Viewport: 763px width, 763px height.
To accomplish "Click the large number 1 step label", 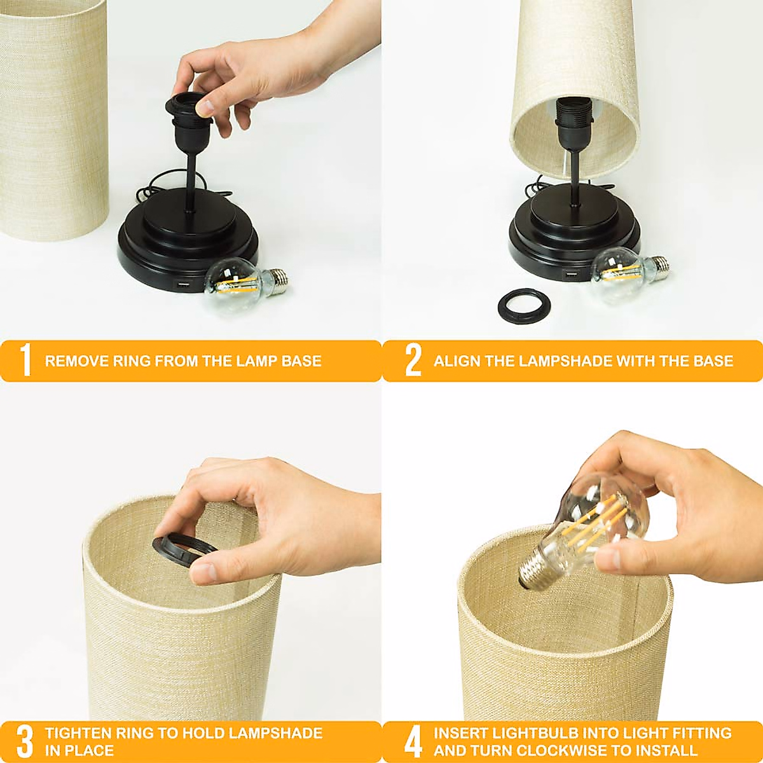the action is coord(26,361).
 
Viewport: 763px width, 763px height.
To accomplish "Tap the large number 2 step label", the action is coord(413,361).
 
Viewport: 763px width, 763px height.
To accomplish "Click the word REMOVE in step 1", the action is coord(69,361).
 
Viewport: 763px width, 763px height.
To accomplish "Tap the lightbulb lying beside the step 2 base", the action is coord(629,270).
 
